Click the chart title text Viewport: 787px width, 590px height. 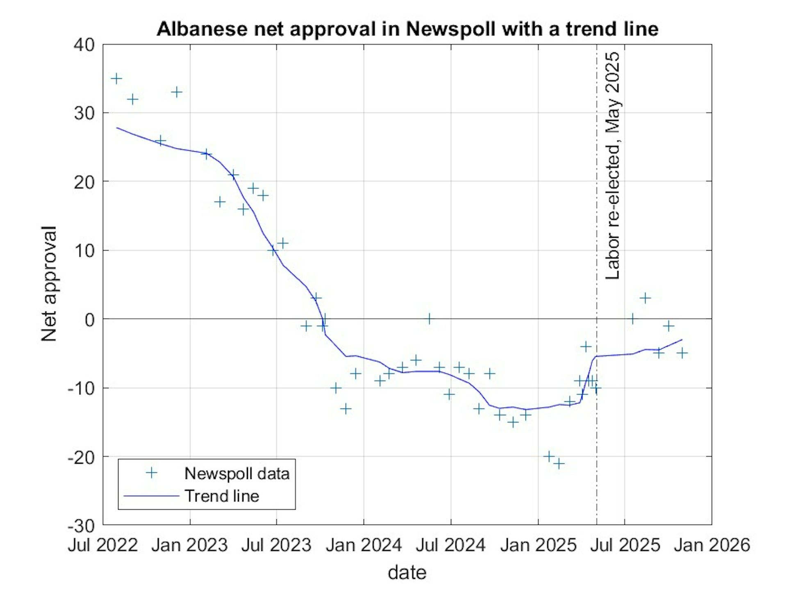click(x=407, y=29)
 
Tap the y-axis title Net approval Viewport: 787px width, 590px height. click(x=49, y=284)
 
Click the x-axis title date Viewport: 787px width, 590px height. click(x=407, y=572)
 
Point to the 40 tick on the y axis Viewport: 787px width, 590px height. click(x=84, y=45)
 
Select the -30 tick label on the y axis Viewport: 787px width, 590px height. click(x=81, y=525)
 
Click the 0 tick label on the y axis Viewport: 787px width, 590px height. click(x=89, y=319)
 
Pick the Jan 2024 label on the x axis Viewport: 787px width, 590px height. click(x=364, y=545)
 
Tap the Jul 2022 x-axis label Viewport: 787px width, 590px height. click(x=103, y=545)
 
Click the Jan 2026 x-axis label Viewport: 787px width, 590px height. click(x=712, y=545)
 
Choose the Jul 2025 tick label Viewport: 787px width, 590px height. click(x=625, y=545)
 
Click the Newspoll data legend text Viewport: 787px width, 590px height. click(x=237, y=474)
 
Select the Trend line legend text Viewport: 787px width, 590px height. click(x=222, y=496)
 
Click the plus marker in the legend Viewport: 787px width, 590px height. click(x=152, y=473)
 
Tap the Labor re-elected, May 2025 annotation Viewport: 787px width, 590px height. click(x=613, y=166)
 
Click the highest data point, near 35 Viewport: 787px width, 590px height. click(x=116, y=78)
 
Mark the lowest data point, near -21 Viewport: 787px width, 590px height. click(x=559, y=464)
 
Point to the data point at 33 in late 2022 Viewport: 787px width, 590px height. click(x=177, y=92)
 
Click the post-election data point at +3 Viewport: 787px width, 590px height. click(x=645, y=298)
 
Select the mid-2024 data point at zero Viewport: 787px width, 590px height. click(x=429, y=319)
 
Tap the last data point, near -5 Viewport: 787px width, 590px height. click(x=682, y=353)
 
